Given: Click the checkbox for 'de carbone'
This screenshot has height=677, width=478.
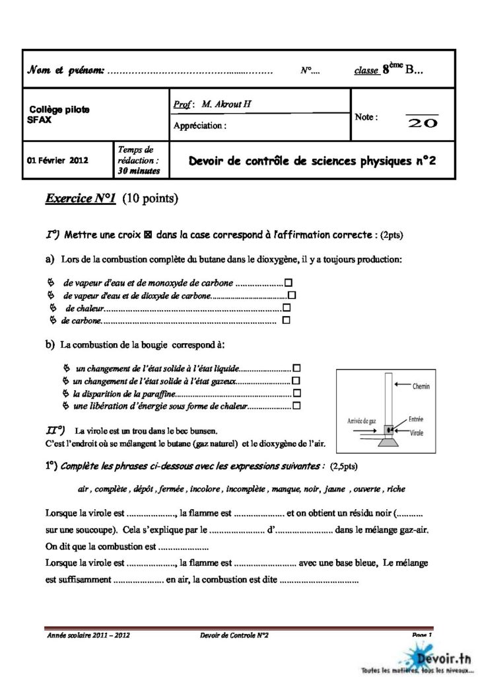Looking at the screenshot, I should point(286,321).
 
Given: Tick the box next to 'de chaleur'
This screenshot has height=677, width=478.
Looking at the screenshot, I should point(287,308).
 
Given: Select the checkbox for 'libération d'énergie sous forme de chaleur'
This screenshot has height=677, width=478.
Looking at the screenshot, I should point(296,405).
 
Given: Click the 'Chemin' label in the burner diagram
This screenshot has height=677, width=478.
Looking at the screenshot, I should point(421,385).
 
